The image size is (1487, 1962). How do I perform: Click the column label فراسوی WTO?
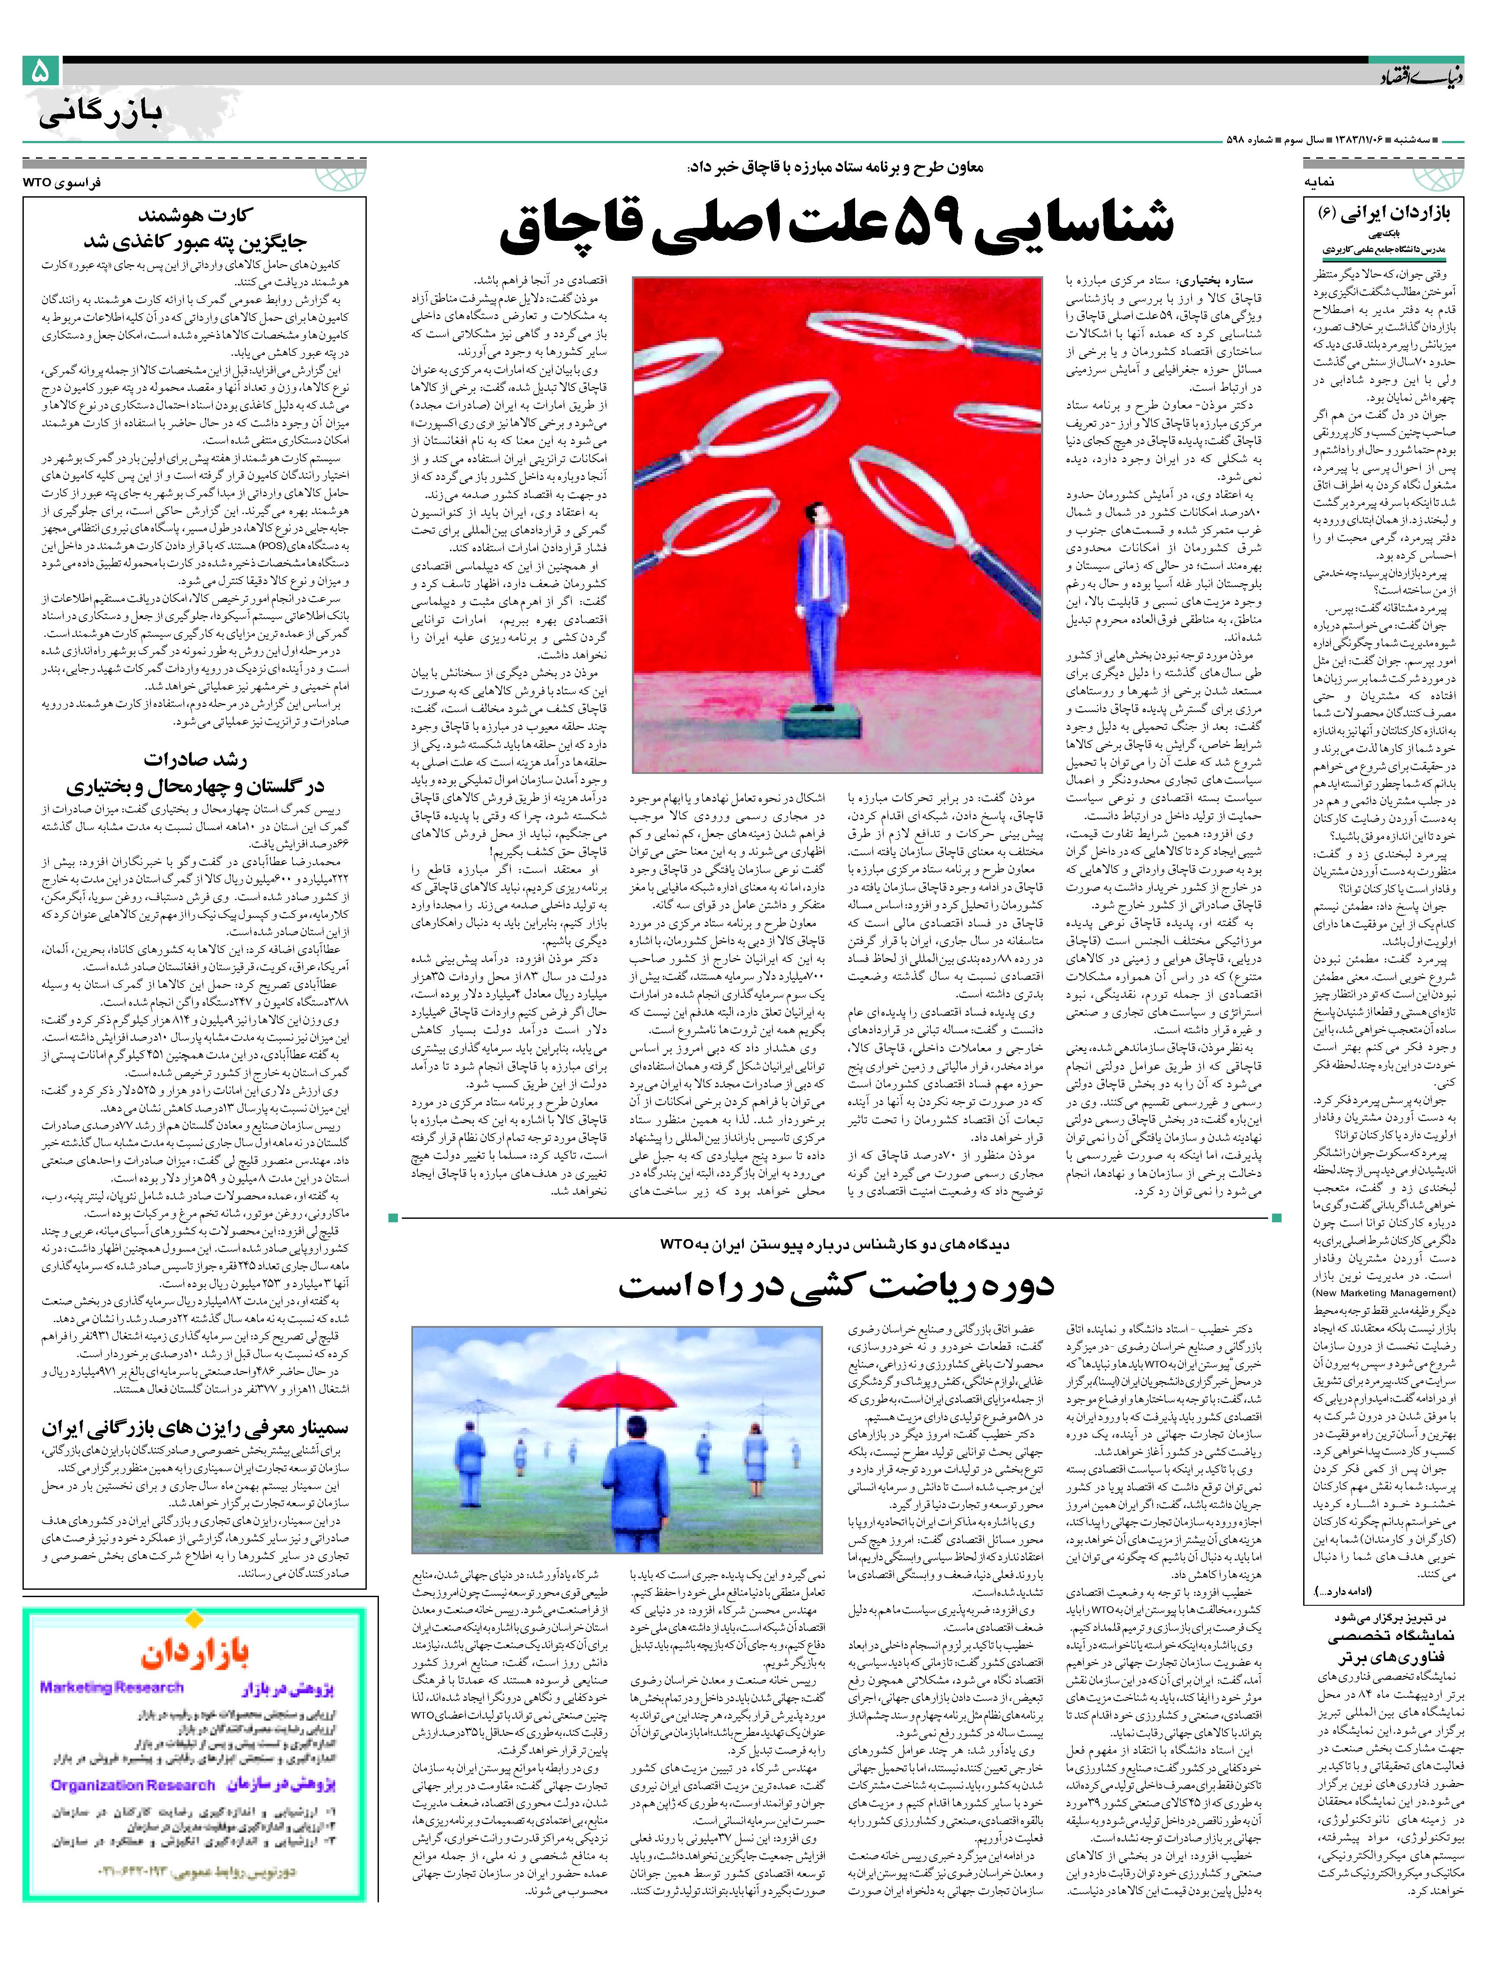click(62, 182)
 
